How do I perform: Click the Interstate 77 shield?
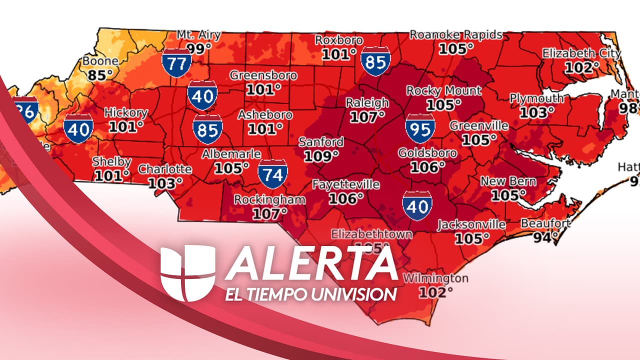(175, 63)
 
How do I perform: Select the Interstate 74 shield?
(273, 174)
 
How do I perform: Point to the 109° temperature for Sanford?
(321, 156)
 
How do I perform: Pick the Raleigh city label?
(367, 103)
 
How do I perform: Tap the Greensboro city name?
(263, 76)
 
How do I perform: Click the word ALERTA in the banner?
(311, 263)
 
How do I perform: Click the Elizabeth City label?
(581, 53)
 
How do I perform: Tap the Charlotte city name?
(164, 169)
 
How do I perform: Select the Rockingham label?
(269, 200)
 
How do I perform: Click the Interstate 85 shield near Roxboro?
(375, 61)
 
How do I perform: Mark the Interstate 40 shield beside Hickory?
(78, 128)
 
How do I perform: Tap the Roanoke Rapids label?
(455, 34)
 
